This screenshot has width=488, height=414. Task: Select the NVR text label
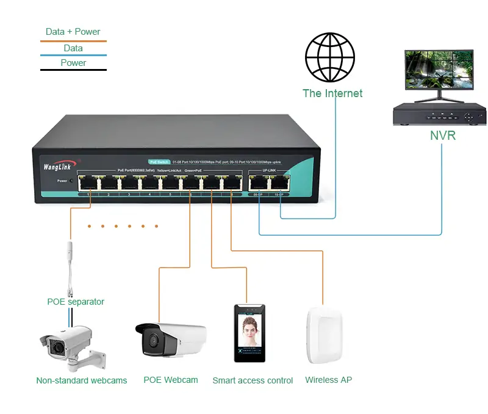442,136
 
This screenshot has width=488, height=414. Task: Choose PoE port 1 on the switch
88,181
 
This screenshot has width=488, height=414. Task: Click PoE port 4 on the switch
149,181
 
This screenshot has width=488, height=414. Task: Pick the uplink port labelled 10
279,181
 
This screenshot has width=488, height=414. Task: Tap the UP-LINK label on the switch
270,170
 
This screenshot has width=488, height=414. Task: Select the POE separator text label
76,302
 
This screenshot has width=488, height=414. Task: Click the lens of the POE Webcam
151,340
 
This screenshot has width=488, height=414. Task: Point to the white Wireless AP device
324,338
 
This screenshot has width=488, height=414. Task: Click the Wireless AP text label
328,380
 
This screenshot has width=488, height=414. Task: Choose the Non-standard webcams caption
82,380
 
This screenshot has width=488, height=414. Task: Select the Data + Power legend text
73,32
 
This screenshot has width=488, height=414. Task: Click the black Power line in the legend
73,70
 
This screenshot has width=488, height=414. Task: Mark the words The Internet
332,93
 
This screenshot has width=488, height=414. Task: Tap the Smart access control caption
253,380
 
